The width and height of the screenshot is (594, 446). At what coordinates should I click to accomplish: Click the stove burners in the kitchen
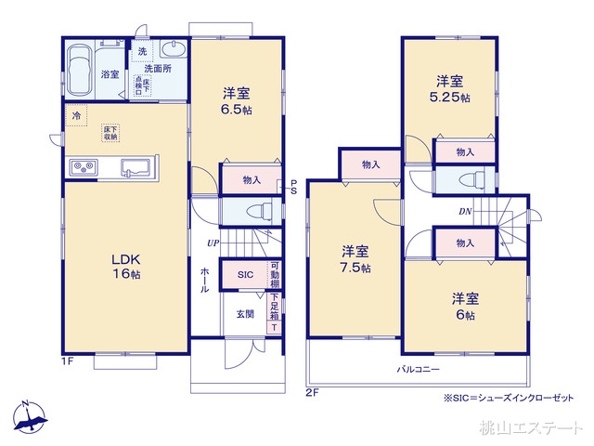82,167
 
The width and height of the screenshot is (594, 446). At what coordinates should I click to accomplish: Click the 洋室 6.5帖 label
236,100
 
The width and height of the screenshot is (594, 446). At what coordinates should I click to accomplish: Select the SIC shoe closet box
245,275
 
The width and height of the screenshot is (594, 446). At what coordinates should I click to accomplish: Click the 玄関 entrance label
244,314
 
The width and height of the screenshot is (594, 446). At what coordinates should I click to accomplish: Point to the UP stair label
213,243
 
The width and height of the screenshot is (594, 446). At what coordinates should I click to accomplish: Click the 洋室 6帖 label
464,306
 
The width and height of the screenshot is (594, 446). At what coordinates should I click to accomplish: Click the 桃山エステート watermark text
532,428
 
